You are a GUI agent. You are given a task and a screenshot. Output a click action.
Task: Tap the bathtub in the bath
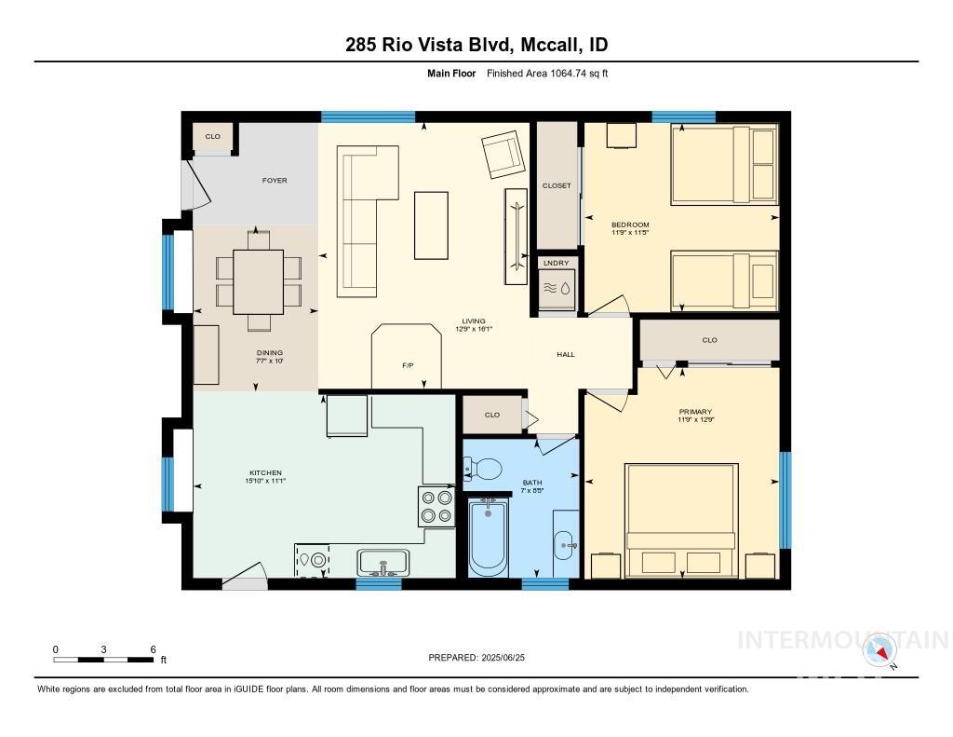(x=488, y=537)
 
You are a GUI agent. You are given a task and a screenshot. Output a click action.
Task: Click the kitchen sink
(x=383, y=563)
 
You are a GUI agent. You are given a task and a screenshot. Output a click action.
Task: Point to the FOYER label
(x=275, y=180)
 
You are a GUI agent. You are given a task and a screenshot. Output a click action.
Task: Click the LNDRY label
(x=556, y=264)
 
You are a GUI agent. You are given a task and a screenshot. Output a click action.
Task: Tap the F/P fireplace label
(x=408, y=366)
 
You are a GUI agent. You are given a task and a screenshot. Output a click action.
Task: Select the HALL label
(x=566, y=354)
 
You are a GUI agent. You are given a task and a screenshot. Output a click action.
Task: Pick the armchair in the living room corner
(x=503, y=153)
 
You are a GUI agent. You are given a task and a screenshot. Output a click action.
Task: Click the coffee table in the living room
(x=431, y=225)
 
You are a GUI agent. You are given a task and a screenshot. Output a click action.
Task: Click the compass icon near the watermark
(x=879, y=650)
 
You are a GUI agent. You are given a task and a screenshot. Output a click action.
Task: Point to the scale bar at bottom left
(x=104, y=660)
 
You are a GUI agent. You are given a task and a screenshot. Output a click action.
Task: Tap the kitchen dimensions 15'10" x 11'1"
(x=264, y=481)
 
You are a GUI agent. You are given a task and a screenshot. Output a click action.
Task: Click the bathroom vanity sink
(x=565, y=543)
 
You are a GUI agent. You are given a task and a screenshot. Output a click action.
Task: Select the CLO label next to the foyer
(x=213, y=137)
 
